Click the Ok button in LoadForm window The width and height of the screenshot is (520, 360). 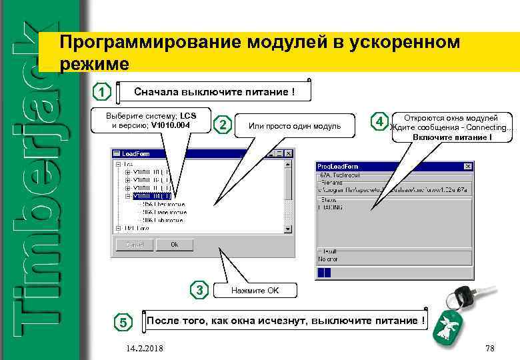click(x=174, y=245)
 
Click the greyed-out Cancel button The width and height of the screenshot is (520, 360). click(x=135, y=245)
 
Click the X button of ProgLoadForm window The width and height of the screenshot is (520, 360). click(x=469, y=165)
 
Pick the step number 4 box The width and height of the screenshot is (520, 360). click(x=379, y=122)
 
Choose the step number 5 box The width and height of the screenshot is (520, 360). click(x=123, y=323)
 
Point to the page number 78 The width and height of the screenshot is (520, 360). click(x=490, y=349)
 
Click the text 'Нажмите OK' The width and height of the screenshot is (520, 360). click(x=255, y=291)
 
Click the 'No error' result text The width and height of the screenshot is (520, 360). click(x=329, y=259)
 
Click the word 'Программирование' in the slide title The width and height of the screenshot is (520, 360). click(x=151, y=43)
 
